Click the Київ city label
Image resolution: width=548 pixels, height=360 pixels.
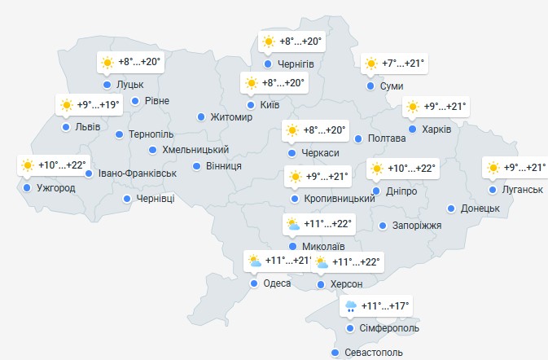pos(270,105)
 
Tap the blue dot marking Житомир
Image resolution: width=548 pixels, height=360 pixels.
pos(201,117)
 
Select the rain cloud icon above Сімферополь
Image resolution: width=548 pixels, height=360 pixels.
pos(351,306)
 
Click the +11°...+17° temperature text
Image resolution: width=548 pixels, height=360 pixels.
pos(385,306)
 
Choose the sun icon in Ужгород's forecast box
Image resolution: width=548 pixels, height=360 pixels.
pos(28,166)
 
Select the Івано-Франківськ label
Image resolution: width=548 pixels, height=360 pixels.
pos(136,173)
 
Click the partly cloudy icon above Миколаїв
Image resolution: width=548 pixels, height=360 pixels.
pos(293,223)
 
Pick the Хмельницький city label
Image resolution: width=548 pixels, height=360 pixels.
pos(195,150)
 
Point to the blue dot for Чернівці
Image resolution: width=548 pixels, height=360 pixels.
pos(127,199)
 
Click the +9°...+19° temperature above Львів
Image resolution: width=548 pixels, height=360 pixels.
pos(99,105)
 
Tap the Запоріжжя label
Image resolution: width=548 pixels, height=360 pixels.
pos(417,226)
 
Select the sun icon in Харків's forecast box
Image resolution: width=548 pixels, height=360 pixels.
pos(413,106)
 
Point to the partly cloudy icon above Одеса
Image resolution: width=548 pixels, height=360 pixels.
pos(255,261)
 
